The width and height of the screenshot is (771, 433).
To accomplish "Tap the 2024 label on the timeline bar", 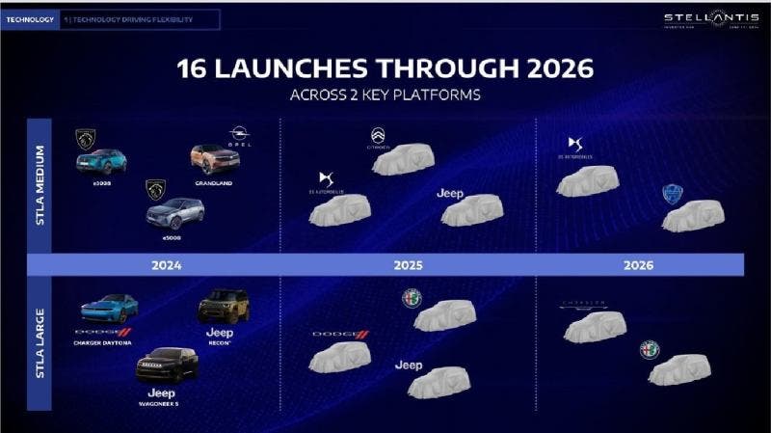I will click(x=166, y=264).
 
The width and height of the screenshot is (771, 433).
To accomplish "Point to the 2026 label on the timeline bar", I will click(x=639, y=264).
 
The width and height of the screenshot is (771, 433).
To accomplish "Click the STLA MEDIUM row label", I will click(x=40, y=189).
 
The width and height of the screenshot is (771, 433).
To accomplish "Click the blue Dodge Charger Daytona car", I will click(x=109, y=309).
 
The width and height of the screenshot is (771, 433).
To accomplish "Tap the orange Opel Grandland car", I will click(x=215, y=157).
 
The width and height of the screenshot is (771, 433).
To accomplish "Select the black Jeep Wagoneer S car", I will click(x=167, y=365).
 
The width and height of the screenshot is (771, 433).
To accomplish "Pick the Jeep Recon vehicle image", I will click(x=224, y=307).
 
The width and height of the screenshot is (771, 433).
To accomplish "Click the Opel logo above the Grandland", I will click(x=239, y=135).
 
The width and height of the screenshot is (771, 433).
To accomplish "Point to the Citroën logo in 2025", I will click(x=378, y=136).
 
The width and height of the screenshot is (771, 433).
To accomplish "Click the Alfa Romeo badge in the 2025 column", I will click(x=412, y=299).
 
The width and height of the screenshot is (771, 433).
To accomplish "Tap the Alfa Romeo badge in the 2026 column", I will click(x=650, y=349).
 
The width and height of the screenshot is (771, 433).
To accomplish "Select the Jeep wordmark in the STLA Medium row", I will click(x=450, y=194).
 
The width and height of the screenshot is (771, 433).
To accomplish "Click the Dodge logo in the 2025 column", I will click(x=340, y=335).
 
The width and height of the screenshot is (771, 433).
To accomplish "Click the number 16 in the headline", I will click(x=195, y=68).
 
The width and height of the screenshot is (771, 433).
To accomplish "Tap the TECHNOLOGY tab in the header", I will click(x=30, y=19).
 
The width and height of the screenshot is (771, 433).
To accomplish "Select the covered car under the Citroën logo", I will click(x=403, y=160).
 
